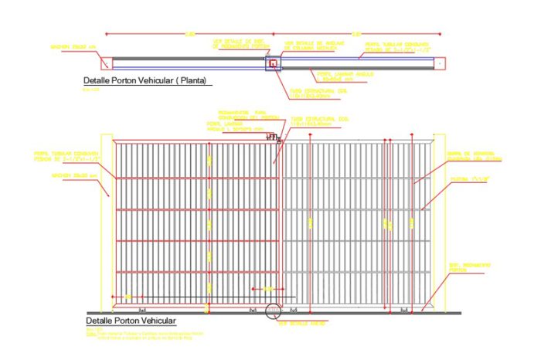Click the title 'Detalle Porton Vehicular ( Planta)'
click(147, 80)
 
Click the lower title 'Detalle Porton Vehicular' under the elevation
click(131, 320)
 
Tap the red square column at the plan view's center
click(273, 63)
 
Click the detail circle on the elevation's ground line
click(273, 311)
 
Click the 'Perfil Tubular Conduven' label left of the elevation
click(66, 158)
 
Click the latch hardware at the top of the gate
click(272, 137)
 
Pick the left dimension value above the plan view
click(189, 32)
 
